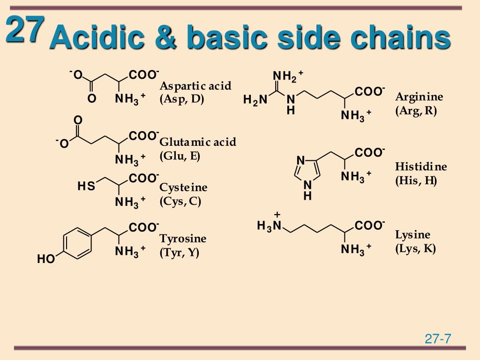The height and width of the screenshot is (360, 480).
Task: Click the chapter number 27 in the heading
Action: [x=26, y=30]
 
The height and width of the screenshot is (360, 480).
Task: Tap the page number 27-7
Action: [x=438, y=338]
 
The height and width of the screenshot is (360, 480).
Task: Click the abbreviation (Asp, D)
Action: [x=182, y=99]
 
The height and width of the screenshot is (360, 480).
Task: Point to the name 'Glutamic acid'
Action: [x=198, y=142]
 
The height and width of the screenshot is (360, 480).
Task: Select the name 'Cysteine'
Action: [x=183, y=187]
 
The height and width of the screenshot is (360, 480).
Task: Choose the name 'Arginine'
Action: [x=419, y=97]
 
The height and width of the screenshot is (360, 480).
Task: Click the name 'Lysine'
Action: [x=412, y=234]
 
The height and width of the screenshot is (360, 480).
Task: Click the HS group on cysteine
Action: [x=86, y=187]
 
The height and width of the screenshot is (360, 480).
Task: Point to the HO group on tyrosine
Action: [x=46, y=259]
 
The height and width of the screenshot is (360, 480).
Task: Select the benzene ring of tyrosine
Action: [x=77, y=243]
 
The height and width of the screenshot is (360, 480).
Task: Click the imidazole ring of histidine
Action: [x=307, y=172]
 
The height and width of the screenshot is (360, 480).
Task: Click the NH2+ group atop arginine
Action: [x=286, y=76]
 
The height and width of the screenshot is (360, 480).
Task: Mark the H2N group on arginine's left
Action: [x=255, y=99]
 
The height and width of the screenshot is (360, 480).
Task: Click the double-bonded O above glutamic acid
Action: [x=78, y=120]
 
